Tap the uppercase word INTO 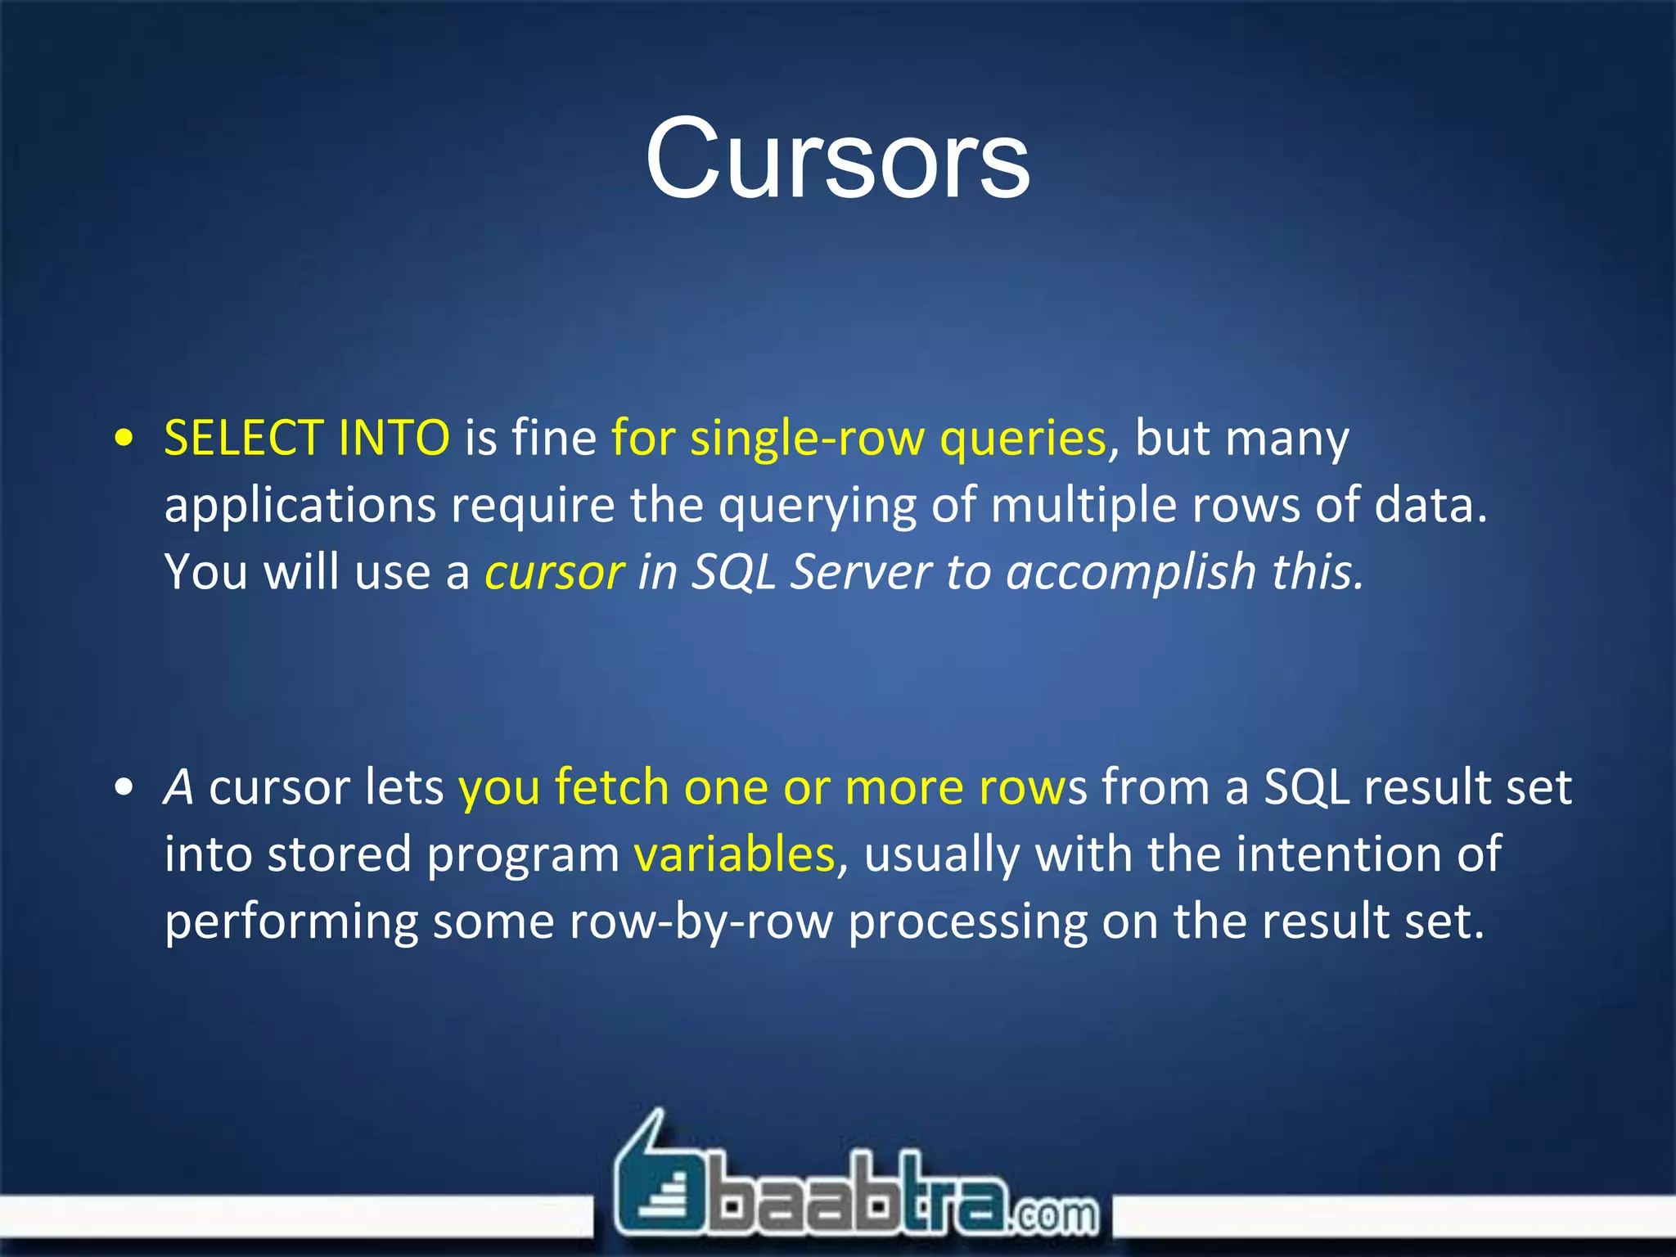pyautogui.click(x=394, y=438)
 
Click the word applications pyautogui.click(x=300, y=506)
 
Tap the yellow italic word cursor pyautogui.click(x=555, y=572)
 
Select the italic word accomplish pyautogui.click(x=1131, y=572)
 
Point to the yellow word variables pyautogui.click(x=734, y=854)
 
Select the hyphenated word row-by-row pyautogui.click(x=701, y=921)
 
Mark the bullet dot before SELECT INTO pyautogui.click(x=124, y=438)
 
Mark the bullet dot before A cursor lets pyautogui.click(x=124, y=787)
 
